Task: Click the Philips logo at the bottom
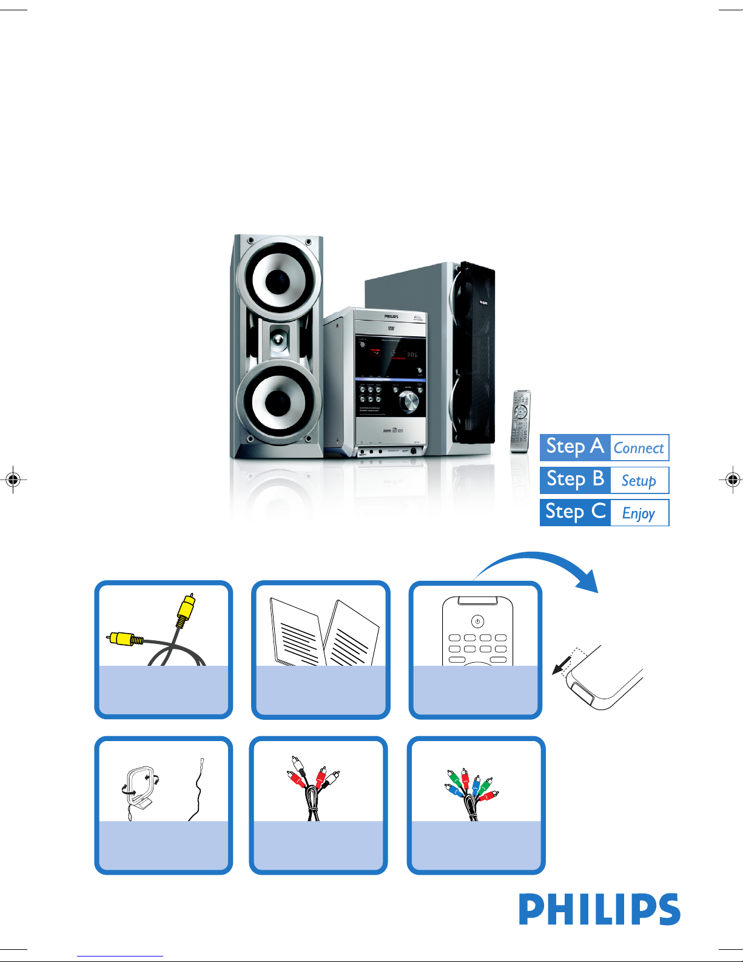click(x=599, y=909)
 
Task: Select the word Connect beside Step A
click(x=639, y=449)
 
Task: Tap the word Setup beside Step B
click(x=639, y=481)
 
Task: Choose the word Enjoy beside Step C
click(x=639, y=513)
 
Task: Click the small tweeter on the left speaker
click(x=278, y=340)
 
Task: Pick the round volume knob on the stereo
click(x=409, y=402)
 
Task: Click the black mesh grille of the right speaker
click(x=476, y=352)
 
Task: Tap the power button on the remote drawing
click(x=477, y=622)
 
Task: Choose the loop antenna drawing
click(x=139, y=789)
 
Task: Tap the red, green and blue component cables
click(x=471, y=789)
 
